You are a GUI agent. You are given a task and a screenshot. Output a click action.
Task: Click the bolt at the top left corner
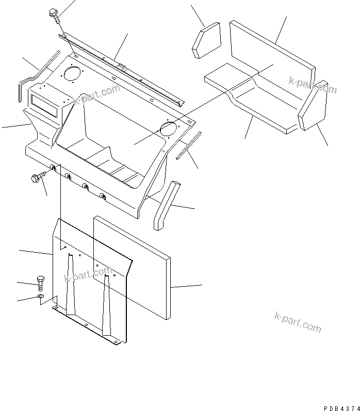pos(54,14)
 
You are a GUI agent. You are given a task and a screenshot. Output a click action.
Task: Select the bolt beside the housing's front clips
pos(37,178)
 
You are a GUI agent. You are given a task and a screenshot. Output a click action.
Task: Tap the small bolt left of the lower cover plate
pos(41,282)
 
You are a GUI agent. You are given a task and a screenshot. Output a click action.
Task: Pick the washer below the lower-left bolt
pos(41,298)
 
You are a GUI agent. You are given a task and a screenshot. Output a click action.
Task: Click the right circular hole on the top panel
pos(169,128)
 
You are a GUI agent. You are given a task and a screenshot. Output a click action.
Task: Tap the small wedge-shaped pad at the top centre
pos(206,39)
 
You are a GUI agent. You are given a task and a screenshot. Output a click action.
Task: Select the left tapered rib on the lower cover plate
pos(70,289)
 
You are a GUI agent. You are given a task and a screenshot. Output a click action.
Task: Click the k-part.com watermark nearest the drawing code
pos(298,323)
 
